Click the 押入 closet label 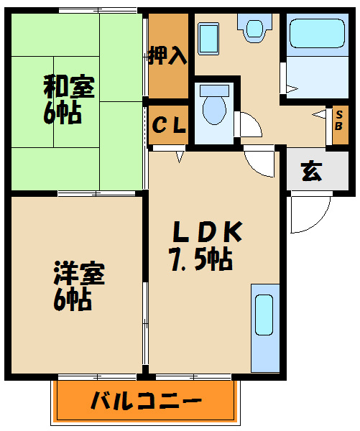pos(167,56)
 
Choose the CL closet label pos(169,126)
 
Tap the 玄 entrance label pos(311,172)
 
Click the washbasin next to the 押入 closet pos(208,35)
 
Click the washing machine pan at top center pos(256,28)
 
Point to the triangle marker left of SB pos(319,114)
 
